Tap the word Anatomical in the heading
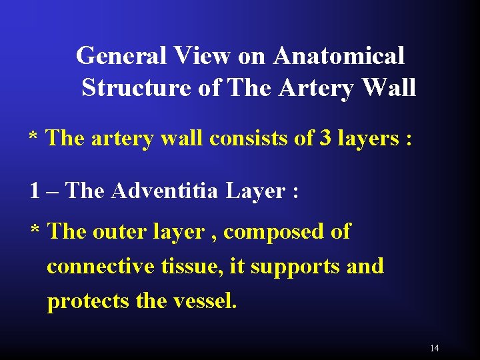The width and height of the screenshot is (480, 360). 338,55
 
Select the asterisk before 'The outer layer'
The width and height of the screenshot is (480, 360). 36,231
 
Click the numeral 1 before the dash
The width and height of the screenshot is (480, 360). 35,191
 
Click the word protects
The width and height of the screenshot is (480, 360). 89,302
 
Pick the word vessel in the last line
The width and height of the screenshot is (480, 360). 203,301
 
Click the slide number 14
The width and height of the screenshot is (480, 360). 435,348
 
